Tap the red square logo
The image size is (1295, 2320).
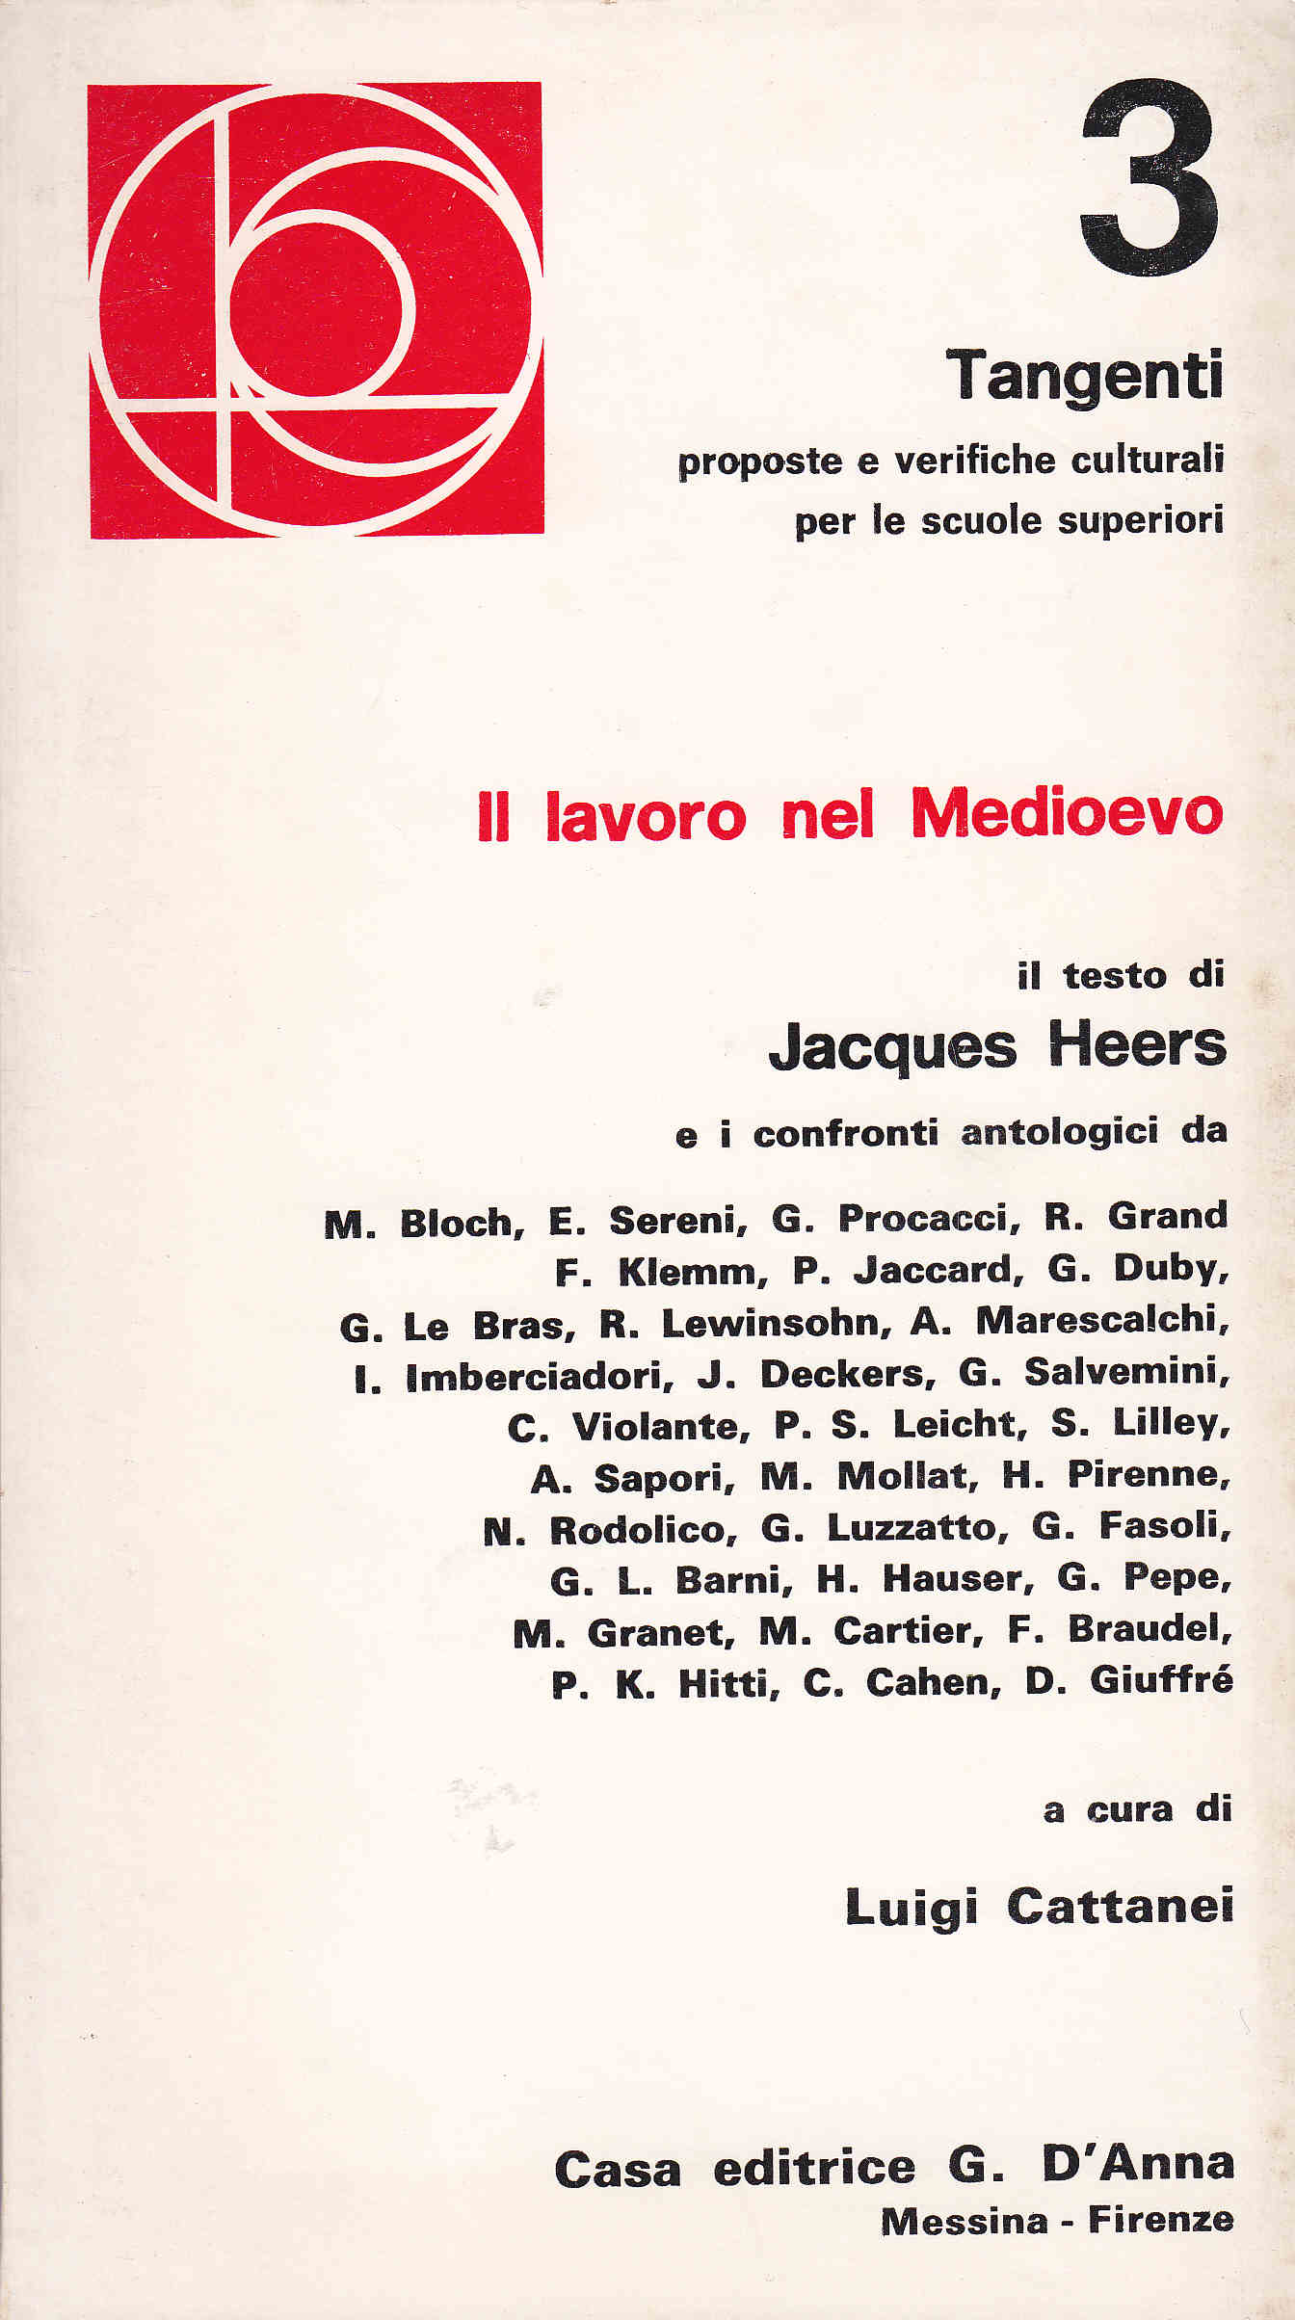(316, 309)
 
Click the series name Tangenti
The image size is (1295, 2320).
(1084, 377)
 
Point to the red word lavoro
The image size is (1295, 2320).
(646, 817)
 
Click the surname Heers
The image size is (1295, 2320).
(1137, 1045)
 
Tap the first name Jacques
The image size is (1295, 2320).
(892, 1048)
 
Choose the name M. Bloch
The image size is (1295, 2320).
(424, 1224)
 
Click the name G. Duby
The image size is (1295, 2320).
(1137, 1270)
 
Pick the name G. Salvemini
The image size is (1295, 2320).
(1094, 1372)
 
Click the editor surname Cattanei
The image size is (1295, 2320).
(1120, 1907)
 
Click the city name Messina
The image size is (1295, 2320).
(965, 2222)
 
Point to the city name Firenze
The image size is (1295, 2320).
(1160, 2221)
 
